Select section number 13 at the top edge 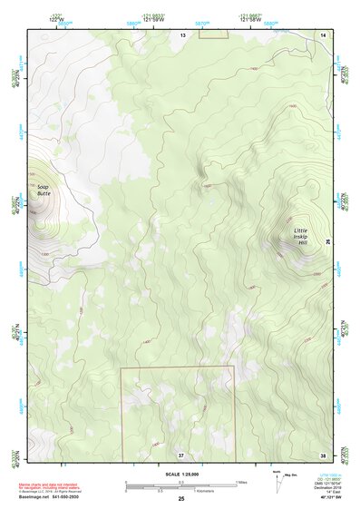pyautogui.click(x=182, y=34)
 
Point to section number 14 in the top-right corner pyautogui.click(x=323, y=34)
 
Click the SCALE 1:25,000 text pyautogui.click(x=180, y=475)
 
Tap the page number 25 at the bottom pyautogui.click(x=181, y=499)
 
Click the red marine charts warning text pyautogui.click(x=50, y=488)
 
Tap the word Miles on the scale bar pyautogui.click(x=242, y=481)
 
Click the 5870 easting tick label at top pyautogui.click(x=201, y=24)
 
